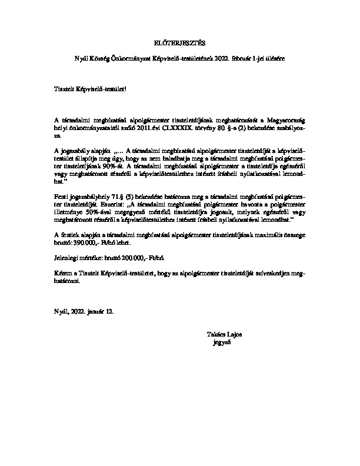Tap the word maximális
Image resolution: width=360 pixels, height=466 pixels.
point(262,234)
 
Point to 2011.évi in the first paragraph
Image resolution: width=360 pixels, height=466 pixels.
point(161,127)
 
